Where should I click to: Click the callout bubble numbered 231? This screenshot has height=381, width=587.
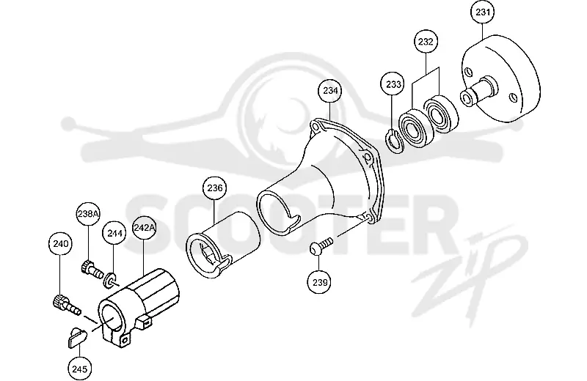pyautogui.click(x=482, y=12)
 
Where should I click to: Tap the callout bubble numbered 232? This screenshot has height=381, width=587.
pyautogui.click(x=426, y=42)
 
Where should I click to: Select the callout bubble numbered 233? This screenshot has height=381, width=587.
pyautogui.click(x=393, y=84)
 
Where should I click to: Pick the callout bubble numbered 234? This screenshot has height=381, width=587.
pyautogui.click(x=329, y=91)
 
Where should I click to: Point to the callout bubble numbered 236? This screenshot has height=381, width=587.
pyautogui.click(x=214, y=188)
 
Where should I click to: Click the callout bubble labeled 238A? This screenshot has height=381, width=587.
pyautogui.click(x=88, y=214)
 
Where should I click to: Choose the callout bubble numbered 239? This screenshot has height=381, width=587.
pyautogui.click(x=319, y=282)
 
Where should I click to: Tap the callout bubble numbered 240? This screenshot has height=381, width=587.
pyautogui.click(x=61, y=244)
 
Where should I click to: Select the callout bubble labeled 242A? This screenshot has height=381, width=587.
pyautogui.click(x=144, y=227)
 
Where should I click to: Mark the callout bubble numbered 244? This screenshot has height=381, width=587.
pyautogui.click(x=114, y=233)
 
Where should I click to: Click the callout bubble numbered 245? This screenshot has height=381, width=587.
pyautogui.click(x=79, y=369)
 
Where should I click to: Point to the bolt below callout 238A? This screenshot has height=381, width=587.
pyautogui.click(x=92, y=270)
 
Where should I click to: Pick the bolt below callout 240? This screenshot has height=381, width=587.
pyautogui.click(x=66, y=305)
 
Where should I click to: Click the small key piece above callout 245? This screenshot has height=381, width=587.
pyautogui.click(x=78, y=336)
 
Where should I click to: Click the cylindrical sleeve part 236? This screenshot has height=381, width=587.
pyautogui.click(x=223, y=245)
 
